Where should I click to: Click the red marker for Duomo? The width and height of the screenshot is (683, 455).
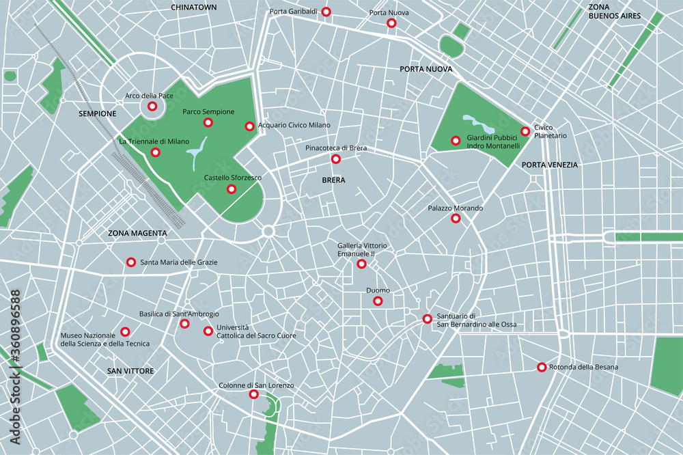coord(378,301)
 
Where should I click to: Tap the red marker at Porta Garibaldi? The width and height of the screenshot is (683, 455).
coord(326,12)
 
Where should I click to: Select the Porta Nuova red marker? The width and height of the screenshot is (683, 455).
coord(391,23)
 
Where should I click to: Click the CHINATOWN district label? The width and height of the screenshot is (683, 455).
coord(193,7)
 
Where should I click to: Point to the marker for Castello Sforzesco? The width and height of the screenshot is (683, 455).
coord(232,189)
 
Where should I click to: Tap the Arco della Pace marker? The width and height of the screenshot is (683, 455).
coord(152,107)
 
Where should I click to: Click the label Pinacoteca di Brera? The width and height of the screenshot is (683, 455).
coord(335,148)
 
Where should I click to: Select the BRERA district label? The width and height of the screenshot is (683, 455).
coord(333,180)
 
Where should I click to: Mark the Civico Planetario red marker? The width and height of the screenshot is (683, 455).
coord(525,131)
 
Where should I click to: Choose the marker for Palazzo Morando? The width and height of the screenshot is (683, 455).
coord(456,219)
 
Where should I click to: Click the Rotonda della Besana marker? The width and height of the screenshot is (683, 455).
coord(542,368)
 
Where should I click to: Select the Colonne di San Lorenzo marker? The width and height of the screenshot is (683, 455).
coord(253,395)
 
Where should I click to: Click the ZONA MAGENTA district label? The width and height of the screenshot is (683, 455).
coord(137,233)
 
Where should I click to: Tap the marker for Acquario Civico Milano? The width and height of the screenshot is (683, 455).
coord(249,126)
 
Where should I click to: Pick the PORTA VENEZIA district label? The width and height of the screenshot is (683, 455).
coord(549,165)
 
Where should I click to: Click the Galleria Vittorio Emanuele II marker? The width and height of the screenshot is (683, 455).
coord(361,264)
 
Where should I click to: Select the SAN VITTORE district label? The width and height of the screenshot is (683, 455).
coord(130,371)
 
